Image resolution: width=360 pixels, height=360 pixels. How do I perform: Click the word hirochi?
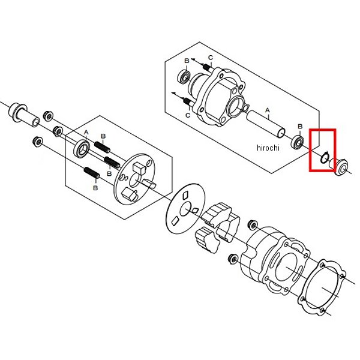(268, 148)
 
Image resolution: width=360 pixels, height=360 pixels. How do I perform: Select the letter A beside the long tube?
(268, 110)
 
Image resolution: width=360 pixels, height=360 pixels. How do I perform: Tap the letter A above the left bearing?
(86, 133)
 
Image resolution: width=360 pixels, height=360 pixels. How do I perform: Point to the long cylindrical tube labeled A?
(266, 124)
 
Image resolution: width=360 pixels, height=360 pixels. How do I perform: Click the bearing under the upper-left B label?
(184, 76)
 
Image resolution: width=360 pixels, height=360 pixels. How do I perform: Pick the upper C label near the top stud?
(211, 58)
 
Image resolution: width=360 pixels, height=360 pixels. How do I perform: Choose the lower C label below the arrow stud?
(188, 115)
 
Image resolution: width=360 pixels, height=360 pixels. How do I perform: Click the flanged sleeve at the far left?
(23, 115)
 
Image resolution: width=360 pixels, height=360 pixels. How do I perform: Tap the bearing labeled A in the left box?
(82, 148)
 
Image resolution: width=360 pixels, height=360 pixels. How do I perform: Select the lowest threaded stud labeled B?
(92, 173)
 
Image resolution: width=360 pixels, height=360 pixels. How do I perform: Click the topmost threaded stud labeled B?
(102, 147)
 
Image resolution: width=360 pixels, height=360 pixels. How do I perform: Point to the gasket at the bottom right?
(322, 287)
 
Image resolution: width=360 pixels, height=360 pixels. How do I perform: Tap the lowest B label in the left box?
(95, 188)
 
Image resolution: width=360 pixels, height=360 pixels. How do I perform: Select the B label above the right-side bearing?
(300, 127)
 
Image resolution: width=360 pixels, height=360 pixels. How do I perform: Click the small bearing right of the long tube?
(298, 142)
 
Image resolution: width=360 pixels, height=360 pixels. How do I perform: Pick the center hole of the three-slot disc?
(185, 209)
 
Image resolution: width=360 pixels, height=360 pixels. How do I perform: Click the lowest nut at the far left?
(38, 142)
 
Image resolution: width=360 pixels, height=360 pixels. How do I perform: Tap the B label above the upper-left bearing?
(187, 61)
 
